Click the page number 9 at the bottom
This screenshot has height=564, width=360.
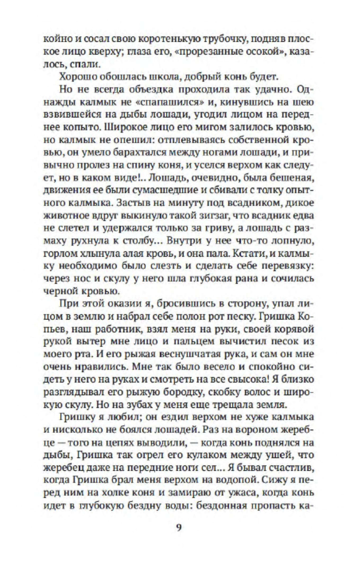pyautogui.click(x=178, y=528)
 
